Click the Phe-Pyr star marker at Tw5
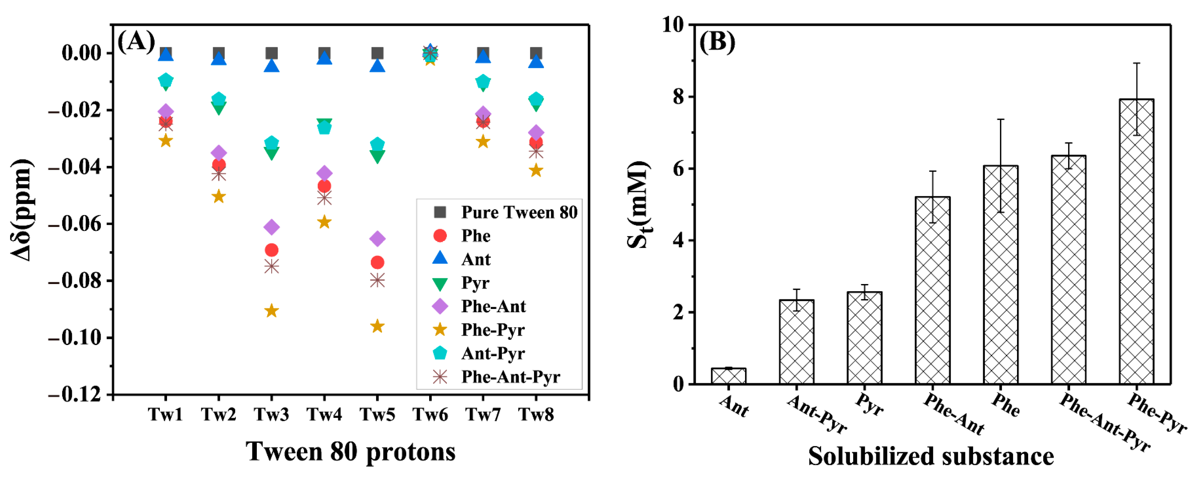point(377,326)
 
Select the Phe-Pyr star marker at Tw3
point(272,310)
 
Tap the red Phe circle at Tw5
point(377,262)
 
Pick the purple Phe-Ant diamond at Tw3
point(272,227)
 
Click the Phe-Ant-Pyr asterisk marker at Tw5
point(377,280)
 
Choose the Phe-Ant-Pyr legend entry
point(510,377)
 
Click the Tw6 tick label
point(430,415)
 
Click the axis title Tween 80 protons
point(351,452)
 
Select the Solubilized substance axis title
point(931,456)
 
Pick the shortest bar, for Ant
point(728,376)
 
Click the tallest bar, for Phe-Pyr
point(1136,243)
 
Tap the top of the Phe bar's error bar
point(1000,119)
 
